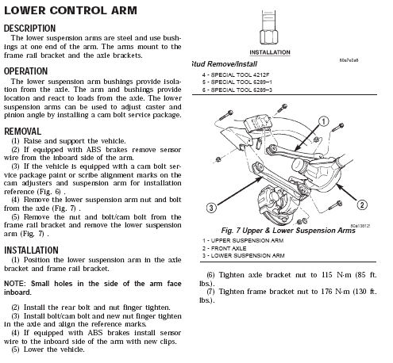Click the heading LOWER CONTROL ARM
71,10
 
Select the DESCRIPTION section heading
29,29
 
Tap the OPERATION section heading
25,71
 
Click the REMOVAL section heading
22,132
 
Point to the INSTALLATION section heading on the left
31,250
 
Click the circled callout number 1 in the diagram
323,121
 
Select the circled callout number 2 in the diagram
362,204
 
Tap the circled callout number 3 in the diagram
211,208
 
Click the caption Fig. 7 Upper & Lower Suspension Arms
288,231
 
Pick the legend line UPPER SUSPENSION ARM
247,241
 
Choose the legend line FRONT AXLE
229,248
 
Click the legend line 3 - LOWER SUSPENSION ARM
244,256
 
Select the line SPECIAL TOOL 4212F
240,75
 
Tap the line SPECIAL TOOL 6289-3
241,90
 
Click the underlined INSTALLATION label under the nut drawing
270,52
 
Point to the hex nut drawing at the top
269,37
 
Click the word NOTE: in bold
15,284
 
